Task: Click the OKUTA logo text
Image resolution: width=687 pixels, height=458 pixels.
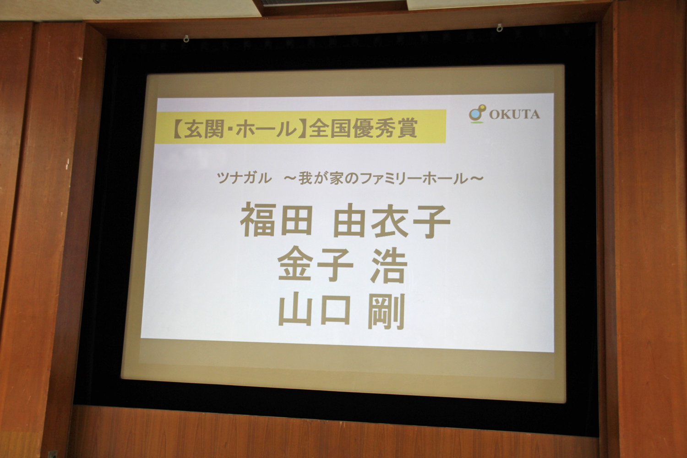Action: [514, 114]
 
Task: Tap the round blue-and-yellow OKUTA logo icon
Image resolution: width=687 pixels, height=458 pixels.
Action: [477, 114]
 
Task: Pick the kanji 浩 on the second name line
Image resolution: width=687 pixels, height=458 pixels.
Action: [388, 266]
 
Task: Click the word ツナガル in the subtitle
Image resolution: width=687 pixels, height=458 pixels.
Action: [244, 178]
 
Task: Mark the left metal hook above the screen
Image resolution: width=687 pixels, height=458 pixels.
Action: [185, 38]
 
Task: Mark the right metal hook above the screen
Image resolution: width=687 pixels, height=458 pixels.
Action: [500, 28]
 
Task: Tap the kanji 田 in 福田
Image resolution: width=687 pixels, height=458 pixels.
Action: [296, 221]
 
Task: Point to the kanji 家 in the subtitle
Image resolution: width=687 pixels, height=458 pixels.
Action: [337, 178]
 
